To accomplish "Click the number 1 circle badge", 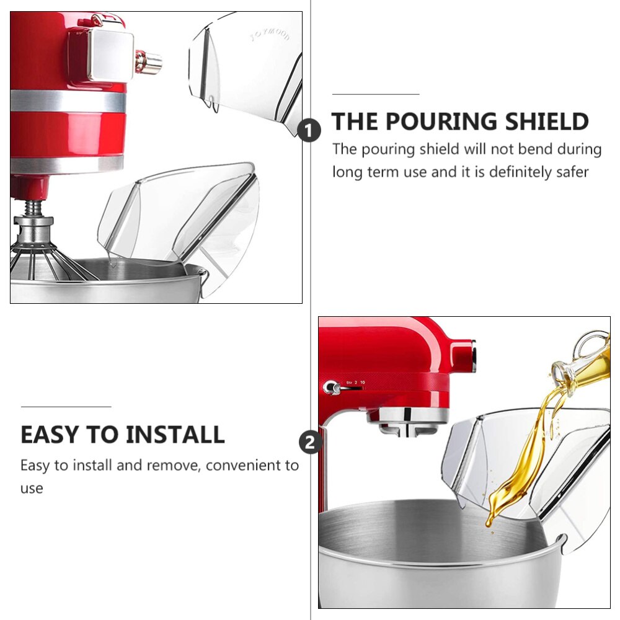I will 309,131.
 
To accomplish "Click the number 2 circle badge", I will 311,443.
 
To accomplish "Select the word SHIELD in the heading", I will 546,122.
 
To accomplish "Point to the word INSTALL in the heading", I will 175,435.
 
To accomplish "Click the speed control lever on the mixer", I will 331,388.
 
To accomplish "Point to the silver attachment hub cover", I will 110,55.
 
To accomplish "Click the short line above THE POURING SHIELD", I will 376,94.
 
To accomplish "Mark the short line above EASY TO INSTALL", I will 66,407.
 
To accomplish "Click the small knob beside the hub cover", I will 149,62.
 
